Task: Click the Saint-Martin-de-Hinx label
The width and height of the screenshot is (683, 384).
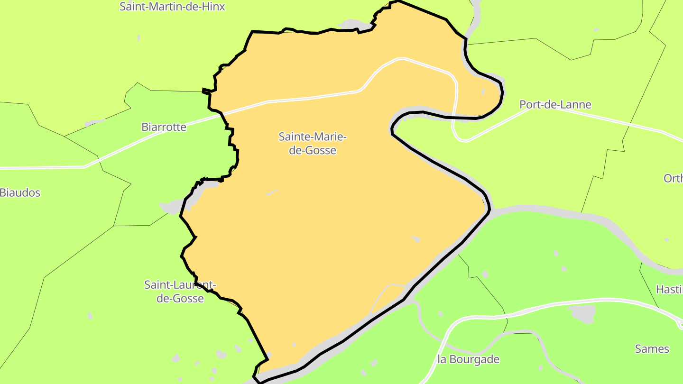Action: [x=172, y=7]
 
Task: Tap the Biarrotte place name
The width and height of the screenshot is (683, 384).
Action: [x=164, y=127]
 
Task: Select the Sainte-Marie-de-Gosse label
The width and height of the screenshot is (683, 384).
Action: [x=313, y=144]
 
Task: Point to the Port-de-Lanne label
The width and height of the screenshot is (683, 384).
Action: [x=555, y=105]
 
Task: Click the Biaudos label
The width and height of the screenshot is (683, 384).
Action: [x=20, y=192]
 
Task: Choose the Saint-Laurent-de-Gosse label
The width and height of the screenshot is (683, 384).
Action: [x=180, y=292]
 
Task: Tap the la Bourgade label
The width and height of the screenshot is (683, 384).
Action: [x=469, y=359]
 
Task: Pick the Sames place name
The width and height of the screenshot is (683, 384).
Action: [x=652, y=349]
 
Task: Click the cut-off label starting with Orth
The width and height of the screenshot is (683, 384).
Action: [x=673, y=178]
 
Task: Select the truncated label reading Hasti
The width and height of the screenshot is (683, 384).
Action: [x=669, y=289]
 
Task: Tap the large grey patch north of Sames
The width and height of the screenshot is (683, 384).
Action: [x=582, y=313]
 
